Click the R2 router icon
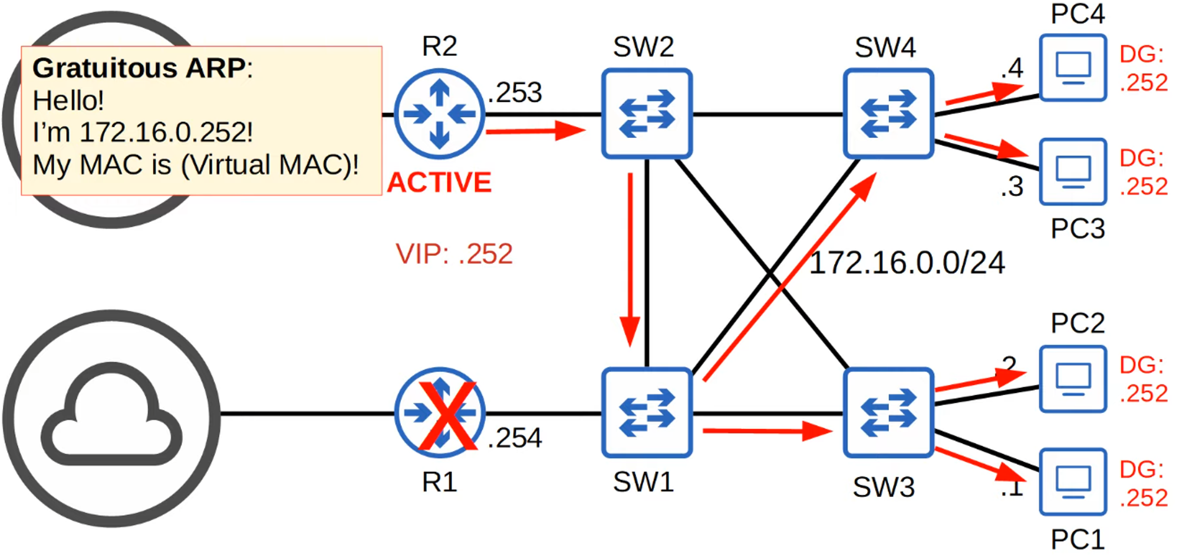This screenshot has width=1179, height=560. coord(439,114)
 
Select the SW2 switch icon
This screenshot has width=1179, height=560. coord(647,114)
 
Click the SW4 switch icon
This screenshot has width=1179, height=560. coord(888,114)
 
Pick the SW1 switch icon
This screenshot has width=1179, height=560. coord(647,413)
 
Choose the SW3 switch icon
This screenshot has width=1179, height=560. coord(888,413)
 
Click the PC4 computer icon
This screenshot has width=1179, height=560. coord(1072,68)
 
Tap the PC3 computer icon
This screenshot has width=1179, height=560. coord(1072,172)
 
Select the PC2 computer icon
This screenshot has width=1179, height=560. coord(1072,379)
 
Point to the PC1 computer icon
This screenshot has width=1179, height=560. coord(1072,482)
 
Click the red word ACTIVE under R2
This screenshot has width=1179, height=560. coord(439,183)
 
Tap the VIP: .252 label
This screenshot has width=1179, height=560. coord(454,254)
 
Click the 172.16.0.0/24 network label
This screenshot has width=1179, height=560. coord(907,263)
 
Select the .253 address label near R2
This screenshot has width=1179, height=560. coord(515,93)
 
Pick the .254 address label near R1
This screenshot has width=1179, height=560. coord(515,438)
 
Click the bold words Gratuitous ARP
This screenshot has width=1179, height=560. coord(139,68)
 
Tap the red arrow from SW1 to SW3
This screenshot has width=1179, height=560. coord(766,432)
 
